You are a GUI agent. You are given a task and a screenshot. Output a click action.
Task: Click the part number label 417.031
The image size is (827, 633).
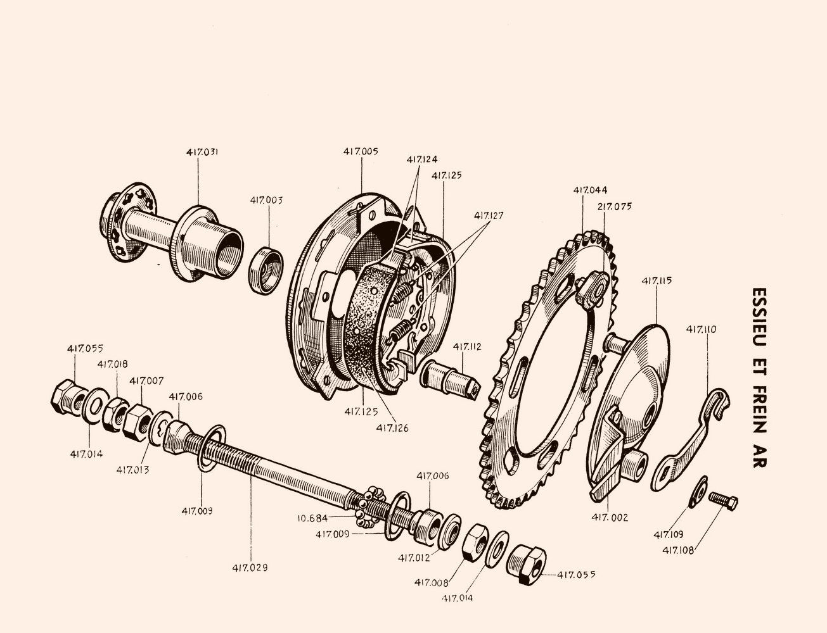pos(202,152)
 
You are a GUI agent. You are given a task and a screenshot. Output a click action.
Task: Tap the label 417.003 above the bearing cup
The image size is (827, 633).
pos(266,201)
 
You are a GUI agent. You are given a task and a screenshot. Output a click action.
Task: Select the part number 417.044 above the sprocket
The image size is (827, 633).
pos(590,190)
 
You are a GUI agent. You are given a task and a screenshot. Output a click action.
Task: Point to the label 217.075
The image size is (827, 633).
pos(614,206)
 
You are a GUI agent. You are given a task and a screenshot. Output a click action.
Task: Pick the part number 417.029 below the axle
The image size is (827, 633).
pos(250,568)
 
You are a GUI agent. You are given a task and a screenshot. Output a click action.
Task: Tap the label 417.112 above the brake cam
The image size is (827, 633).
pos(467,347)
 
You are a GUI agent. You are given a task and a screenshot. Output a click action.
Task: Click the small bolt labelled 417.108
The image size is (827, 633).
pos(723,501)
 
